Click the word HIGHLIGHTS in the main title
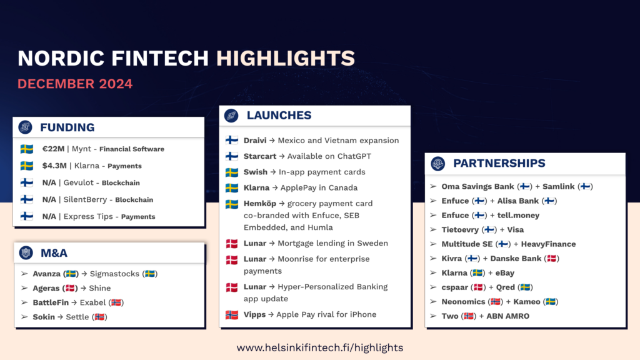pos(285,58)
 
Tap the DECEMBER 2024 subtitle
pos(75,84)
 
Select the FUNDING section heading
pos(67,127)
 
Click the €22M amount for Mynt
pos(53,149)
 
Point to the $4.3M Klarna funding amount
pos(54,166)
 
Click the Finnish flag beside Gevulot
pos(27,182)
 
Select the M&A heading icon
pos(26,252)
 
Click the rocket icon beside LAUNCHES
pos(231,116)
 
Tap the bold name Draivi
pos(255,141)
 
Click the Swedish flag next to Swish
pos(232,172)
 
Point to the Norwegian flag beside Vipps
pos(232,315)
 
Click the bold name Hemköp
pos(260,204)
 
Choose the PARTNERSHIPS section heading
pos(499,163)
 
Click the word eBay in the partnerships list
pos(505,273)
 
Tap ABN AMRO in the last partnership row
pos(507,316)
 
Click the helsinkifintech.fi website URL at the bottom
pos(320,347)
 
